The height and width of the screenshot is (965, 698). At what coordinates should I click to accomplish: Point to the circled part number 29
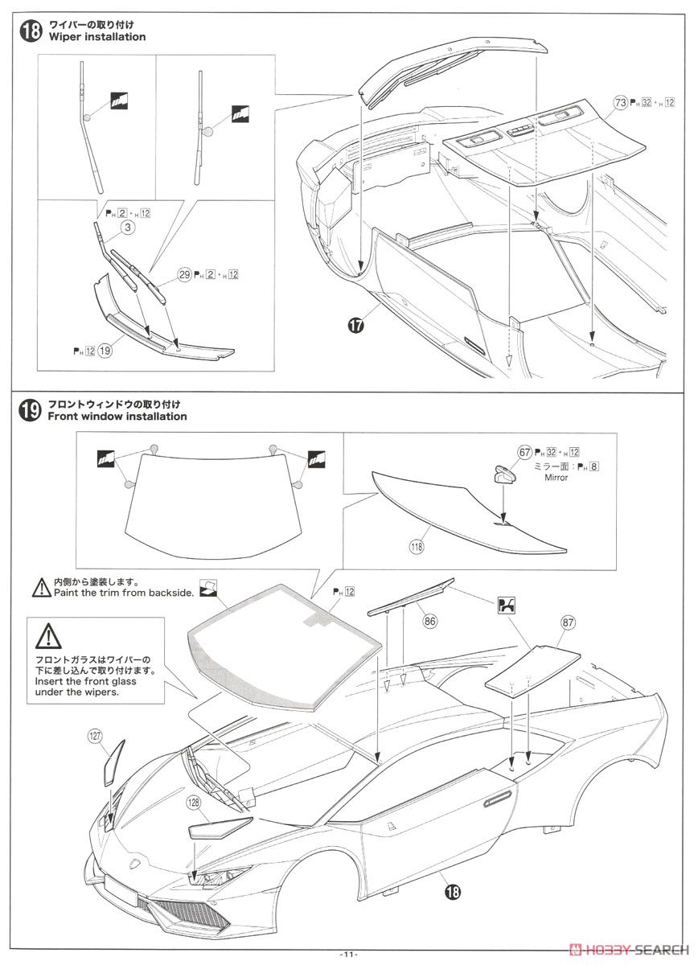(x=184, y=275)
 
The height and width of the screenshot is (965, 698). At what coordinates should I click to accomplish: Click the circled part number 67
(x=524, y=452)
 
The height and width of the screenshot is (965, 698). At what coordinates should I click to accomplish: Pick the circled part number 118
(x=417, y=546)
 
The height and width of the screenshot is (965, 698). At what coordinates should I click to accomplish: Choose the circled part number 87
(x=568, y=622)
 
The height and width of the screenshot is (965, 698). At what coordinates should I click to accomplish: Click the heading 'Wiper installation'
(x=97, y=37)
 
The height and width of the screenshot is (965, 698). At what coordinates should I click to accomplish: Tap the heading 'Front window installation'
(x=117, y=417)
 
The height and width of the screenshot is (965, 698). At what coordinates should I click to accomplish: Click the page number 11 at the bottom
(x=348, y=954)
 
